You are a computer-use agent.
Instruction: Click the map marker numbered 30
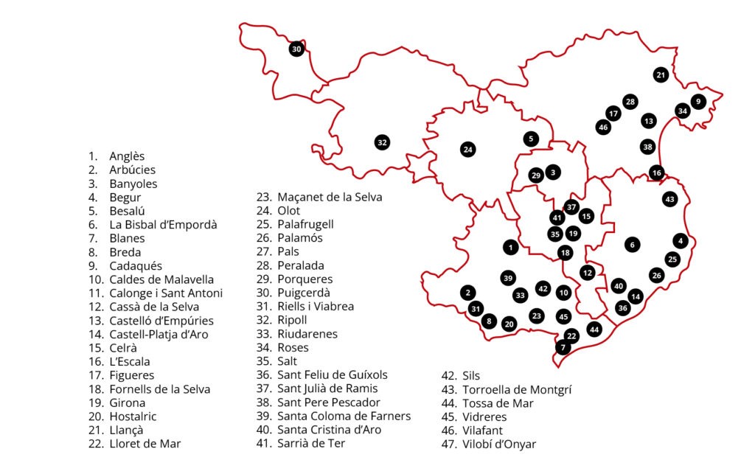[296, 49]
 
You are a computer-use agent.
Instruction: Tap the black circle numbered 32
[382, 142]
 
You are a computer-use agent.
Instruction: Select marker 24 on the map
[467, 150]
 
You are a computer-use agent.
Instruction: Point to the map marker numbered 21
[661, 74]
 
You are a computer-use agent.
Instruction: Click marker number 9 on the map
[698, 102]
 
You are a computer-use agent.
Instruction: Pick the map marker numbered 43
[669, 199]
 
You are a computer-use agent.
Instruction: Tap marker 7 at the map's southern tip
[563, 347]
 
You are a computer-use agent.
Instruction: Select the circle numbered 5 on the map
[531, 139]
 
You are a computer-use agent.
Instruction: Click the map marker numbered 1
[509, 247]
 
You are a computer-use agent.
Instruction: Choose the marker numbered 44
[594, 329]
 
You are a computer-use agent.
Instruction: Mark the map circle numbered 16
[656, 173]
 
